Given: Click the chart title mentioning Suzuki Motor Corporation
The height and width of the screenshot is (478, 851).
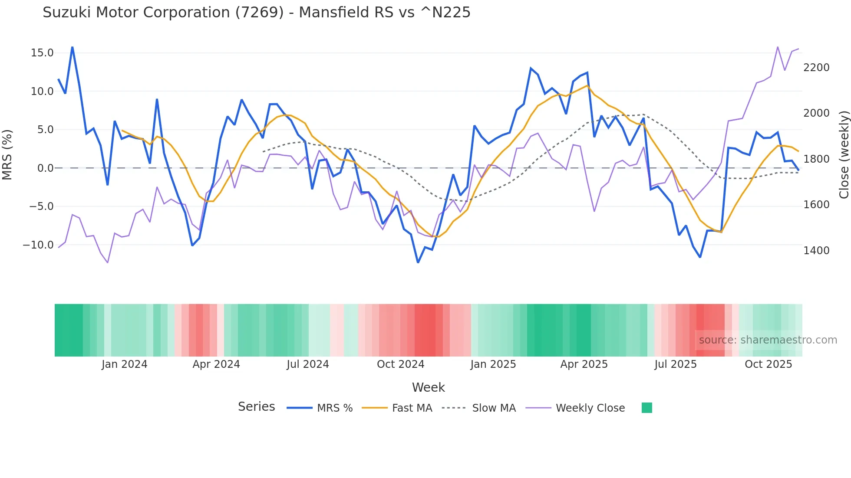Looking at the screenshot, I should tap(256, 13).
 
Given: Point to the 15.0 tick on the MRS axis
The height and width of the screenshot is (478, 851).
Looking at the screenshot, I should tap(42, 53).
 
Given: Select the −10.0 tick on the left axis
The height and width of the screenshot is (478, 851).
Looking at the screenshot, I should tap(38, 245).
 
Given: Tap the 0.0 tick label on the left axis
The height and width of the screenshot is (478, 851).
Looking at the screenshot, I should tap(46, 168).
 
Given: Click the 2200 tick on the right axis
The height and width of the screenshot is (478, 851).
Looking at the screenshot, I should tap(816, 68).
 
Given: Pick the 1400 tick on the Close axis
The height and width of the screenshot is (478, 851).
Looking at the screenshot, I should tap(816, 250).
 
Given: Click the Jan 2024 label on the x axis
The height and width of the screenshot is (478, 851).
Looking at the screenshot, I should tap(125, 364).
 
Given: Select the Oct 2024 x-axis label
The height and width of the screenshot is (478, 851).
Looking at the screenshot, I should tap(400, 364).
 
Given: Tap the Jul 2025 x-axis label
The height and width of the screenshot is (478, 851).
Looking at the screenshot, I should tap(676, 364).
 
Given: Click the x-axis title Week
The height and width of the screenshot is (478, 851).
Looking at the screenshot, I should tap(428, 387).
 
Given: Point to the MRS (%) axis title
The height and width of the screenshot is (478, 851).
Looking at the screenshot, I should tap(7, 154).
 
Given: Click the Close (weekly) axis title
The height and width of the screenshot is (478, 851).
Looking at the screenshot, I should tap(844, 154).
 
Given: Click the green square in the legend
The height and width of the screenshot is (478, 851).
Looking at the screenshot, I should tap(647, 408).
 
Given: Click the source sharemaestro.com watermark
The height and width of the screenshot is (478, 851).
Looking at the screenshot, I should tap(768, 340).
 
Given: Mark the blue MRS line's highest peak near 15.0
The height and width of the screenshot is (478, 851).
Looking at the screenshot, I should tap(72, 47).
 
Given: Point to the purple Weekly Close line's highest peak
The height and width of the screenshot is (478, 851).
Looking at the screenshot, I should tap(778, 47).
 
